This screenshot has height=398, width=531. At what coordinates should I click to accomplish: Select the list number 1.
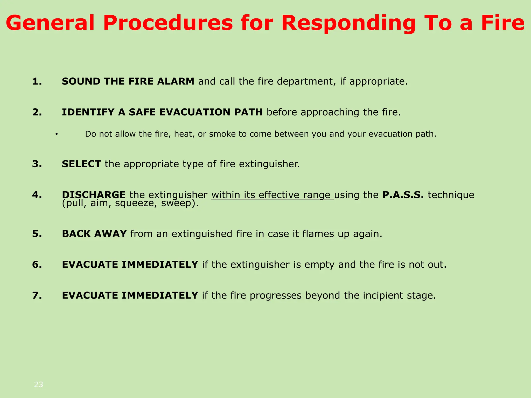(x=37, y=82)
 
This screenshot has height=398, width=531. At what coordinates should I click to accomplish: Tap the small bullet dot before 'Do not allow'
(x=56, y=134)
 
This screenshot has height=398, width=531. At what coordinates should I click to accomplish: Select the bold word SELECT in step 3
(x=81, y=164)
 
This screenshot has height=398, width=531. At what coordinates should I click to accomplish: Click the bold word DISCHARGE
(x=94, y=195)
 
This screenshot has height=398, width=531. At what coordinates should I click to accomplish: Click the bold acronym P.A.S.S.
(x=403, y=195)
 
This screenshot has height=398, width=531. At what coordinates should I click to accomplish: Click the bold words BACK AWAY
(x=94, y=234)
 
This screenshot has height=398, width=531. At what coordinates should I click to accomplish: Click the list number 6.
(x=37, y=265)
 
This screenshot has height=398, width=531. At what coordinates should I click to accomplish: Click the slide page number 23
(x=39, y=385)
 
